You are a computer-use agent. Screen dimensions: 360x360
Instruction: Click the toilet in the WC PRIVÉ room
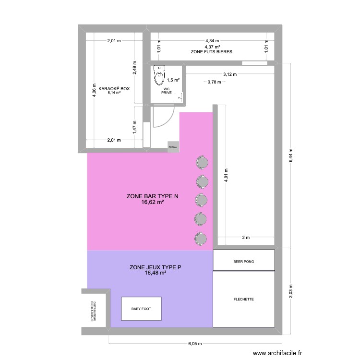point(158,74)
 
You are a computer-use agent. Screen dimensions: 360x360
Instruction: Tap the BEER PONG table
point(243,262)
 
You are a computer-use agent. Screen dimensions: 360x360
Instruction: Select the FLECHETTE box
point(243,299)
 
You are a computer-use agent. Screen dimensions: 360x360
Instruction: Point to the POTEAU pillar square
point(173,147)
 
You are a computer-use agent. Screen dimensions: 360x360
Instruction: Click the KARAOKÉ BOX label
point(114,89)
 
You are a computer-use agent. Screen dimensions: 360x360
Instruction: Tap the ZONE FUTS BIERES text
point(212,51)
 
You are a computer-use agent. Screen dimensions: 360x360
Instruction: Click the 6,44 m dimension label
point(290,156)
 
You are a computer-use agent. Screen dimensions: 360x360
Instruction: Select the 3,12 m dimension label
point(230,74)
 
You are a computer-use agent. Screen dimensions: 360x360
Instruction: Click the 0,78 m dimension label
point(214,82)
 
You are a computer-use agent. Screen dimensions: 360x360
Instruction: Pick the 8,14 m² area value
point(114,93)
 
